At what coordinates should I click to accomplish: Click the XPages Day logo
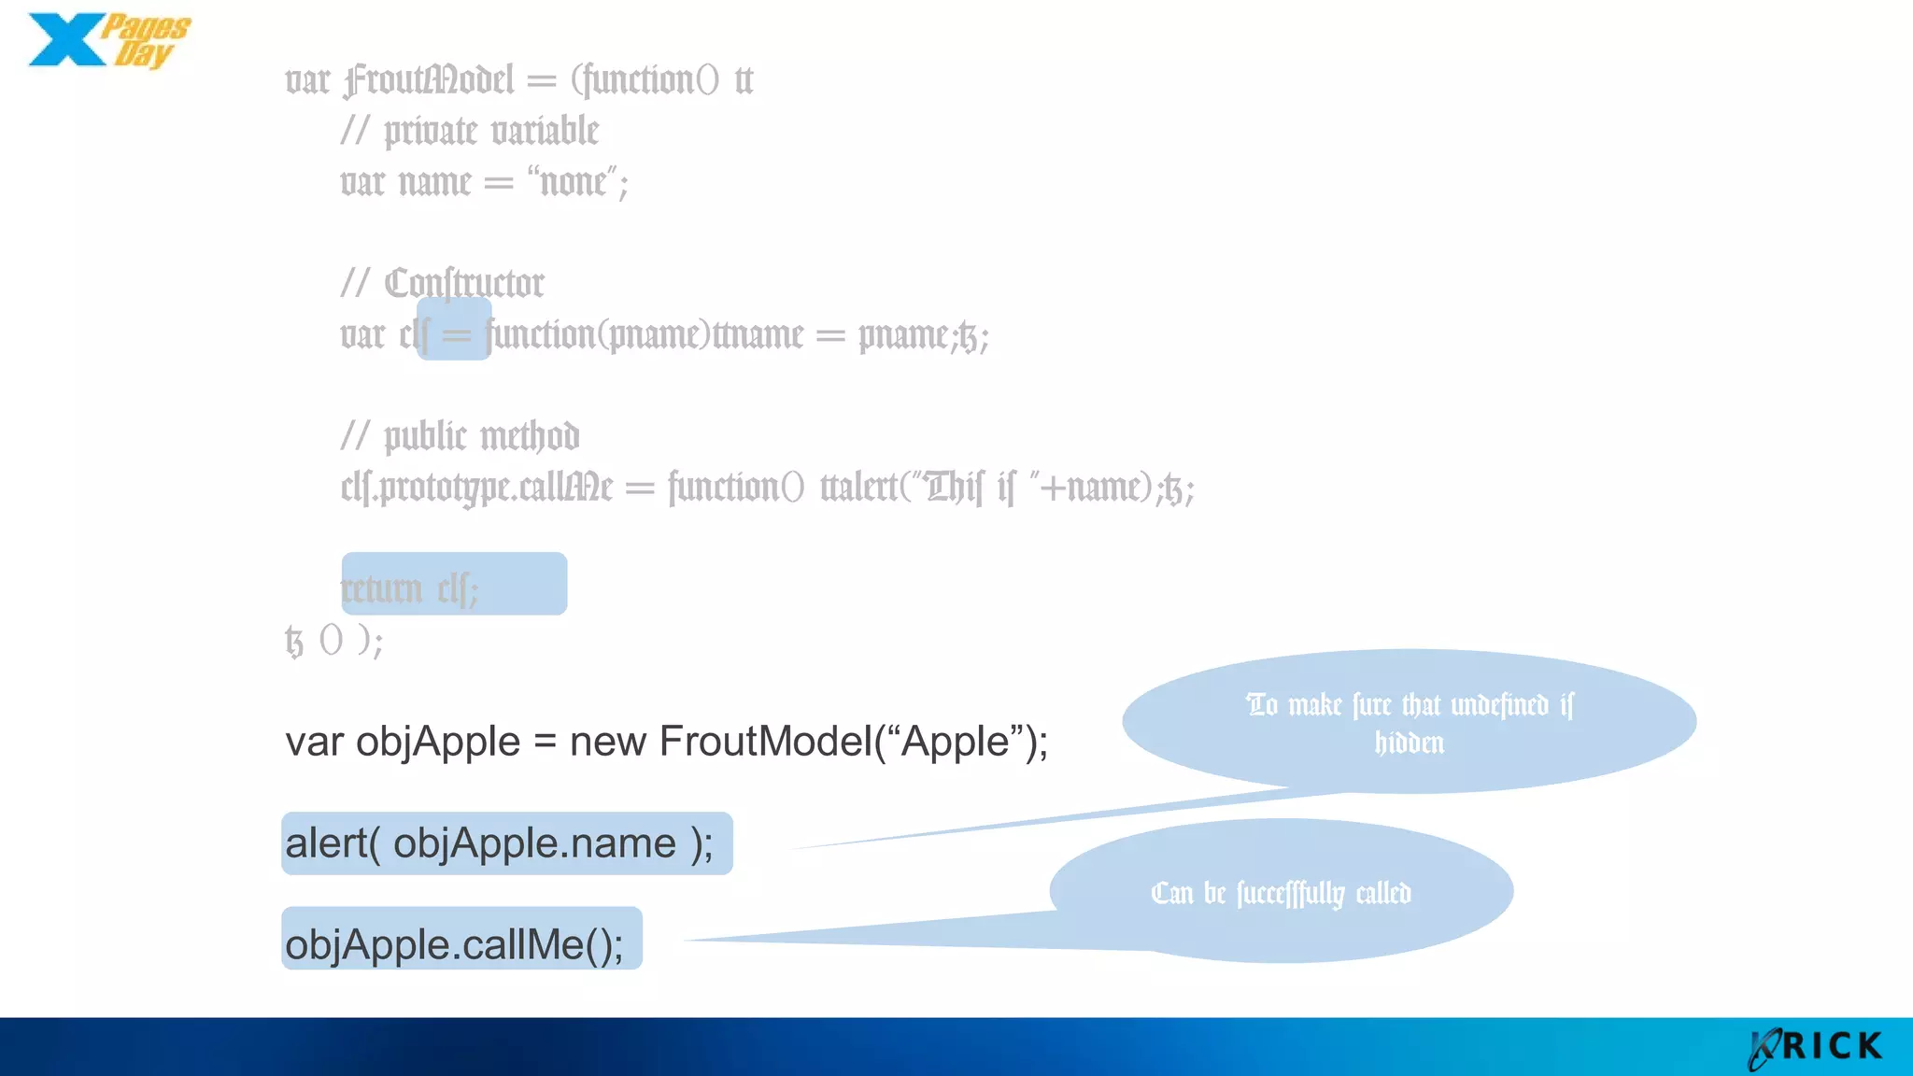(107, 41)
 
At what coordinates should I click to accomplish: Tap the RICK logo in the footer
(1817, 1047)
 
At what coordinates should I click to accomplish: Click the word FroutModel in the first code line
(429, 80)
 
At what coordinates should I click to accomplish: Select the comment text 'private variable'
(491, 132)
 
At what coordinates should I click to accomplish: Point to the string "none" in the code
(574, 182)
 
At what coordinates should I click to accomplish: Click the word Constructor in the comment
(464, 284)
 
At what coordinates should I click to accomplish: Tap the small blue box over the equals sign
(454, 330)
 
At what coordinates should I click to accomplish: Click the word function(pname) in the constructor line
(598, 335)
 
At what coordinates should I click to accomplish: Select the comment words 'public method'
(482, 437)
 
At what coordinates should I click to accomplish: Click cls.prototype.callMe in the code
(476, 488)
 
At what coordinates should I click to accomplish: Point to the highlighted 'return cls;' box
(454, 584)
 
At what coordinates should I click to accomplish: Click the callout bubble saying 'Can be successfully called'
(1281, 892)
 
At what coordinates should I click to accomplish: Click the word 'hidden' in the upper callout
(1409, 743)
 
